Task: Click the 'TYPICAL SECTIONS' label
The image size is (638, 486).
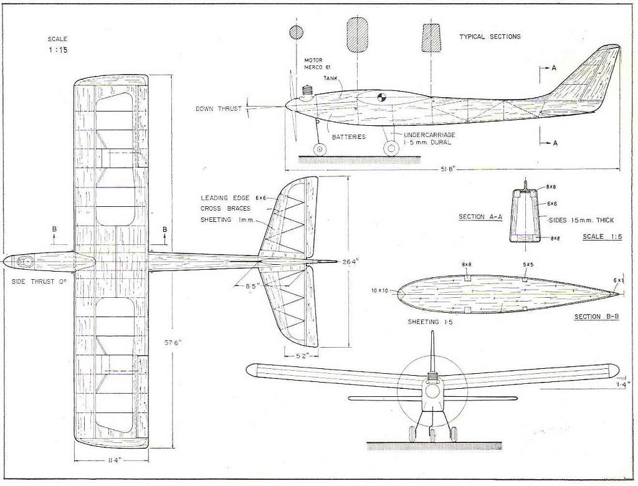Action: click(x=490, y=37)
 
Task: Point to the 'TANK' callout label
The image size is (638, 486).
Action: click(x=331, y=78)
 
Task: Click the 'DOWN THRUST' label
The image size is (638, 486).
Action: click(x=218, y=108)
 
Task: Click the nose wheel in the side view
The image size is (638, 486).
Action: click(x=320, y=149)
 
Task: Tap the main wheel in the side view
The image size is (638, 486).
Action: click(x=391, y=148)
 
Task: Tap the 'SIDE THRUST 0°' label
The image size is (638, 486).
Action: click(x=39, y=281)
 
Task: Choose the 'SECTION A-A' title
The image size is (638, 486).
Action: click(x=480, y=217)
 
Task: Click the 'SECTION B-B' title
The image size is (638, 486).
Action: click(x=596, y=317)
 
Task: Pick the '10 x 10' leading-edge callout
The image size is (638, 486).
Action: click(x=379, y=290)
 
